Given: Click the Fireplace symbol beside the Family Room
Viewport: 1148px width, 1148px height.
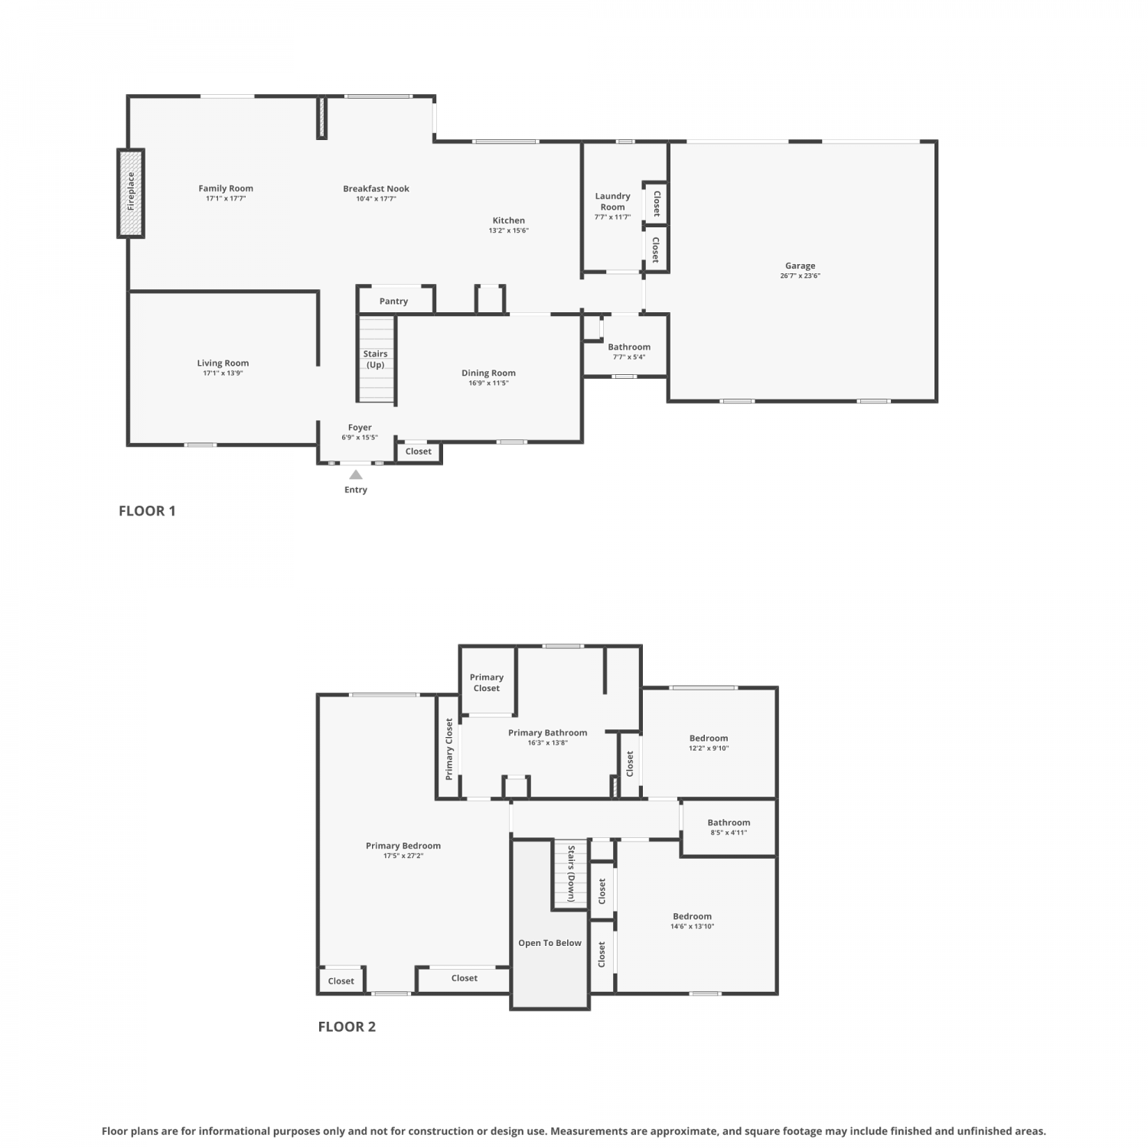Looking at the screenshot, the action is pos(131,193).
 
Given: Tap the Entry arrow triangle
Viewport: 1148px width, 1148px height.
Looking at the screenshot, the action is pos(356,475).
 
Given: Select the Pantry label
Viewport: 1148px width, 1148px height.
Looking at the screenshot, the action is pos(393,302).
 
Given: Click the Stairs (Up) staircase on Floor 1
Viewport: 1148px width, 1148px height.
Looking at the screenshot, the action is pos(376,360).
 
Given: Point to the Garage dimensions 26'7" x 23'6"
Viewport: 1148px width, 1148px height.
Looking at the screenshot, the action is pos(800,276).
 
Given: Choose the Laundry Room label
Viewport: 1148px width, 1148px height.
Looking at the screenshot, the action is pos(613,201).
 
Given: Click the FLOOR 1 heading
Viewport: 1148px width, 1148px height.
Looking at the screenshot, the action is pos(147,511).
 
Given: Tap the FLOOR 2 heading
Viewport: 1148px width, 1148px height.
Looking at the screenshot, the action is pos(347,1027).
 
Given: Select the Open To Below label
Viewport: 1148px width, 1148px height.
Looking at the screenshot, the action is pos(550,943).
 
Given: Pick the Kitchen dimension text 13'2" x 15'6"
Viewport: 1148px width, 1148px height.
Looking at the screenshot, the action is pos(509,230).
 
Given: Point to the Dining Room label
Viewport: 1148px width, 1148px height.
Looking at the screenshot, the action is pos(488,373).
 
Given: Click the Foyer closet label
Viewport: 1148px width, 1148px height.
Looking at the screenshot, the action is pos(419,452).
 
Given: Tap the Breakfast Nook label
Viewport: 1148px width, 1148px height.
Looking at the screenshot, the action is pos(376,189).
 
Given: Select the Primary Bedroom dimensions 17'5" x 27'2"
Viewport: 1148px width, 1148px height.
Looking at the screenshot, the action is pos(403,856).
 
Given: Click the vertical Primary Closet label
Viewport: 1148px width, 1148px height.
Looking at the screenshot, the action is pos(449,748).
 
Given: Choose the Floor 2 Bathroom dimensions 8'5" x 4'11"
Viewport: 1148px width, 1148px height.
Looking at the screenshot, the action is pos(729,833).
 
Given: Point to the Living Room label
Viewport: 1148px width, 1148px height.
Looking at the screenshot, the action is pos(223,364).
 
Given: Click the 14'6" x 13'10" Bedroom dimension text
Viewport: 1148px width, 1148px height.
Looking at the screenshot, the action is pos(693,926).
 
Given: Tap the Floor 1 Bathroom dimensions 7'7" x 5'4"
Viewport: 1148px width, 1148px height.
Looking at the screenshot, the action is pos(629,357).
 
